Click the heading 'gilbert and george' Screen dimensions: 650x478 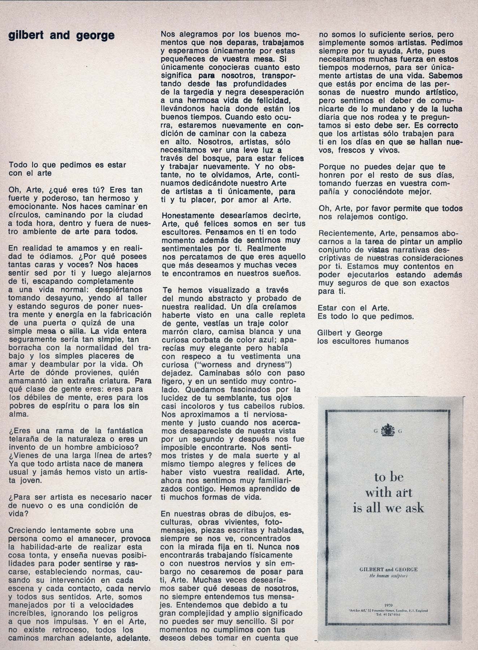[61, 36]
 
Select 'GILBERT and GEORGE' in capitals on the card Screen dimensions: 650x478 [388, 569]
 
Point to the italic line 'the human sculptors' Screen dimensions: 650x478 [388, 576]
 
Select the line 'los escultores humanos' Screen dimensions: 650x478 [363, 341]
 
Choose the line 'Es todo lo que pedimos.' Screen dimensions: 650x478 [365, 317]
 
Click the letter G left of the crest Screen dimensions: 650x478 [376, 430]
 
